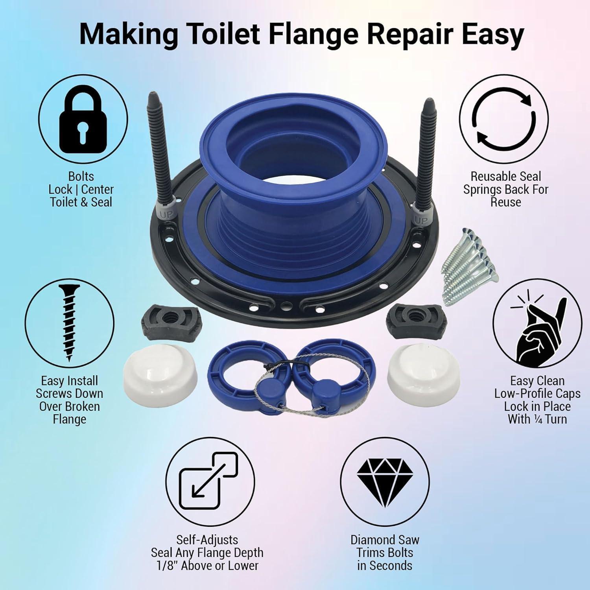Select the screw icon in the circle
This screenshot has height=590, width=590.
pos(69,323)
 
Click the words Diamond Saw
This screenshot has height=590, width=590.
pos(384,540)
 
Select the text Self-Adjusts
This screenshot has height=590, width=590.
pos(207,540)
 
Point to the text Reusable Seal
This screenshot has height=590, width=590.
pos(505,176)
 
